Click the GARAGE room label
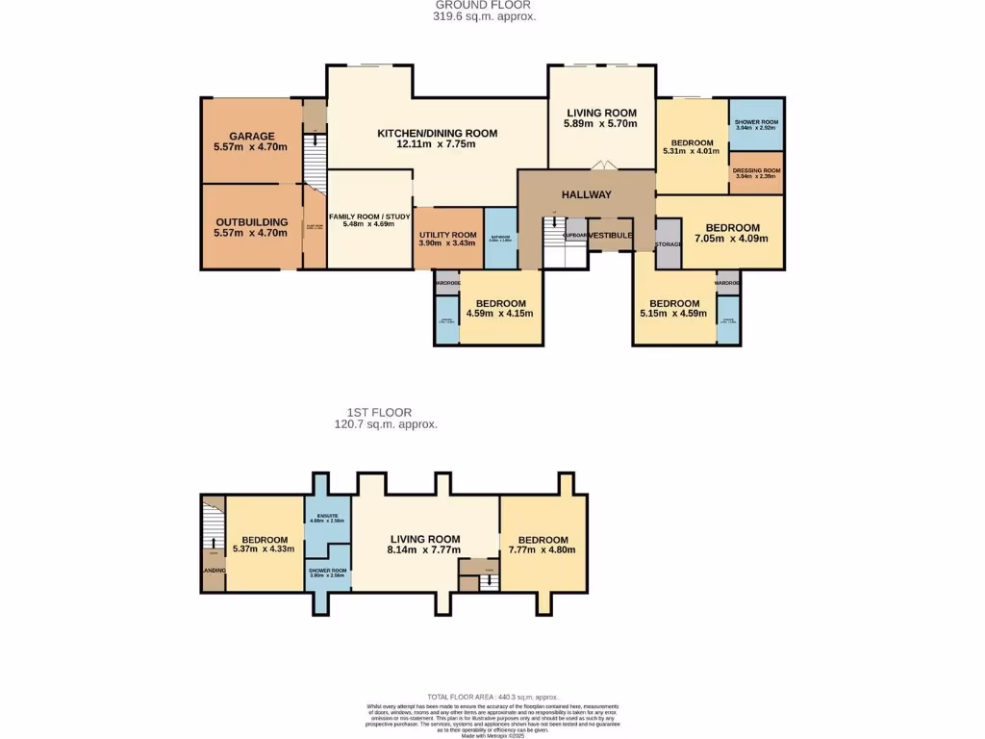pos(251,136)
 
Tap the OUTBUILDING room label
pos(251,221)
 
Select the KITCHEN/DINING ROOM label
pos(437,133)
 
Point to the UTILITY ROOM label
pos(447,235)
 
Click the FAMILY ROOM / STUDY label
pos(369,217)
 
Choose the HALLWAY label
pos(587,194)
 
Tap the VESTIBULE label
pos(610,235)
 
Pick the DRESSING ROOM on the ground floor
pos(756,172)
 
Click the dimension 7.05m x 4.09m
pos(732,238)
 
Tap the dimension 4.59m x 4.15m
pos(499,313)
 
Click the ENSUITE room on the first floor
pos(328,520)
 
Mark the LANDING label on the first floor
pos(213,571)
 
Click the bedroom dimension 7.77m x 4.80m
pos(543,551)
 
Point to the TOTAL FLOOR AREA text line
pos(492,697)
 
